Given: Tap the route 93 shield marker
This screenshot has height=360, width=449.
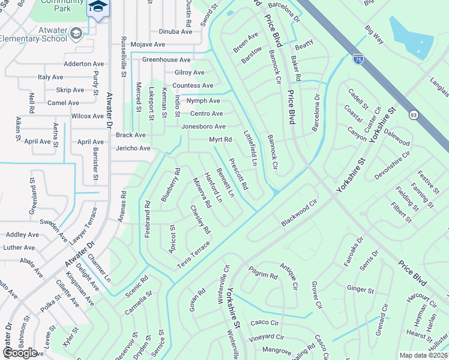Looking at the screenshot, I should (414, 115).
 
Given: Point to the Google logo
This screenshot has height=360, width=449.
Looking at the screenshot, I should (20, 352).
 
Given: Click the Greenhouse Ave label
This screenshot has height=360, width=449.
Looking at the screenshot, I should (166, 60).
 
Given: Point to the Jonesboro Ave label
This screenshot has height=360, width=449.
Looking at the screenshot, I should (203, 127).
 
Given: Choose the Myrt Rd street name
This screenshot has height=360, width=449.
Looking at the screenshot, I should (220, 140).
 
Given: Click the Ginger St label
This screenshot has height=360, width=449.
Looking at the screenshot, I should (360, 289).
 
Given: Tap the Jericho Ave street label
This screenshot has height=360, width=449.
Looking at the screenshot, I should (133, 148).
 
